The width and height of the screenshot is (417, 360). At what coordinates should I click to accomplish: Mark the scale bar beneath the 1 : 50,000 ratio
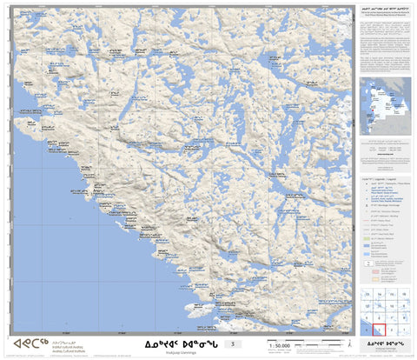[281, 351]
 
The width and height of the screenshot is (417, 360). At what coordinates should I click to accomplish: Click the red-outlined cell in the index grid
[380, 330]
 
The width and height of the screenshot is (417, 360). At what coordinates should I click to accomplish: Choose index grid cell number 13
[367, 295]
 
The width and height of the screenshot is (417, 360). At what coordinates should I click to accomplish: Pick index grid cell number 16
[404, 295]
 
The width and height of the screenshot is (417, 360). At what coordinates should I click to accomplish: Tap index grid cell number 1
[404, 330]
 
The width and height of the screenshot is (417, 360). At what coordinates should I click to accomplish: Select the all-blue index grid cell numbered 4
[367, 330]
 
